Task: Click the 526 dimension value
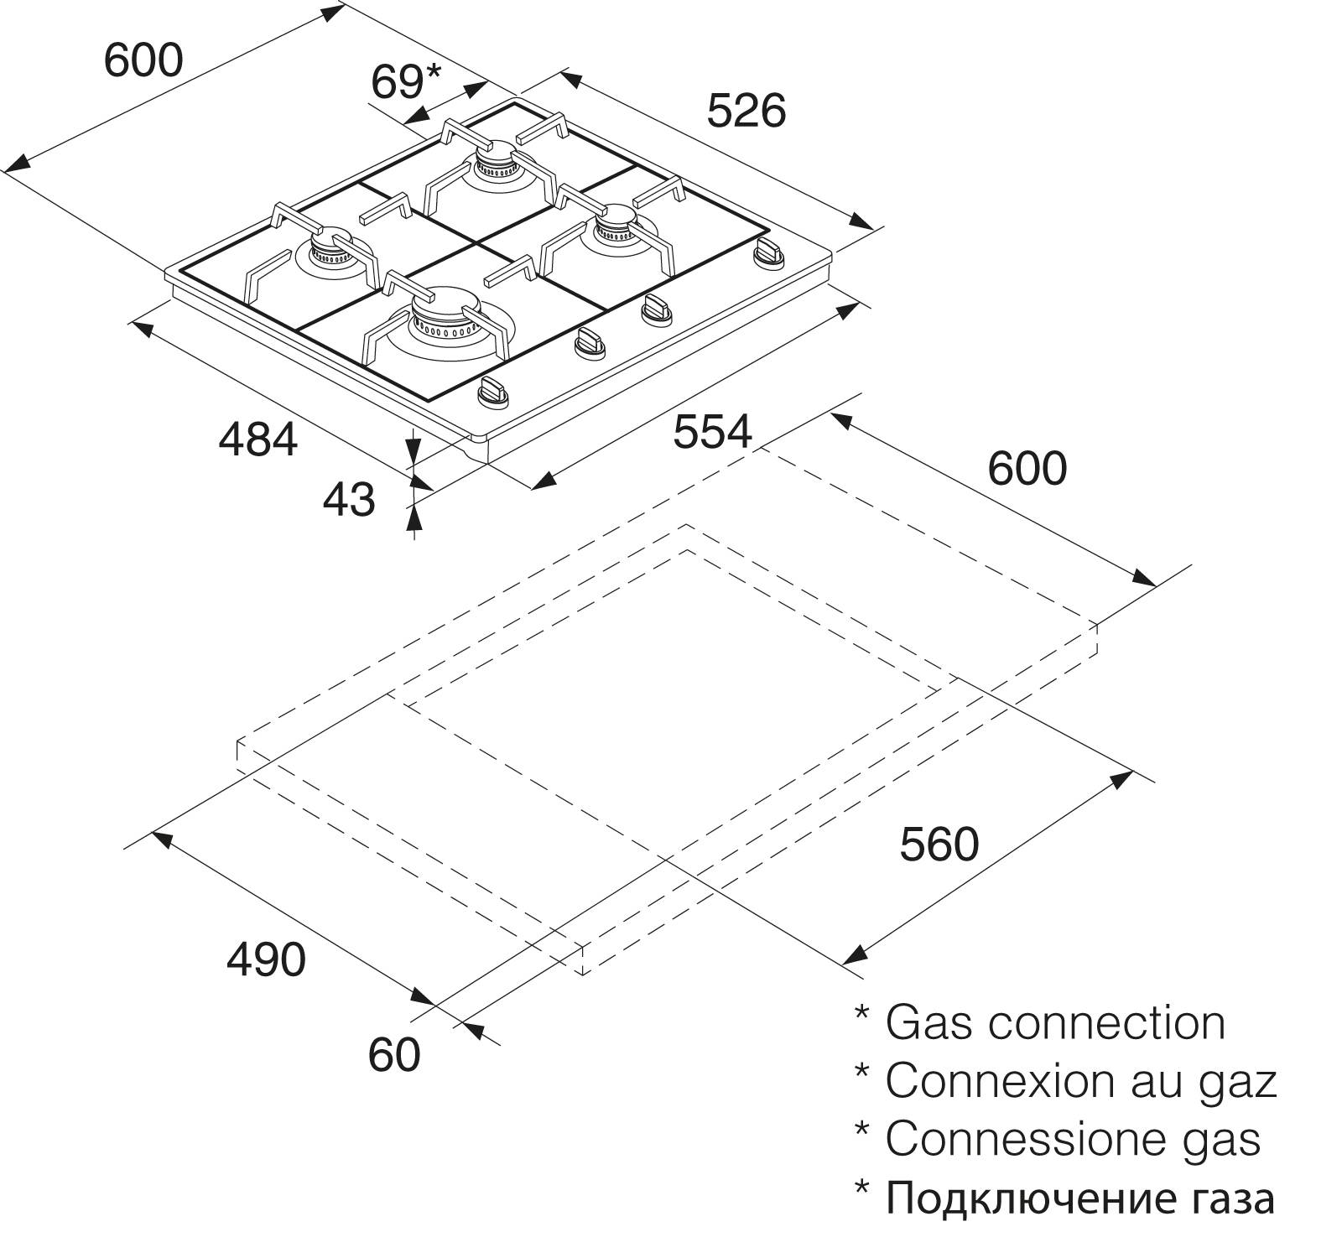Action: [x=746, y=112]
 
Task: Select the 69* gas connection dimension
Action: [x=405, y=81]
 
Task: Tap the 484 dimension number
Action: [x=258, y=439]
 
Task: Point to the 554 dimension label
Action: [x=713, y=432]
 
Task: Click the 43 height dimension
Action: [x=349, y=500]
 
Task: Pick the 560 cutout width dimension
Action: [x=939, y=844]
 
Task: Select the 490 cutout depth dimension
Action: [x=266, y=959]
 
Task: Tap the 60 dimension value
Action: [x=394, y=1054]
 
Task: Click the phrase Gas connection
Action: [x=1055, y=1023]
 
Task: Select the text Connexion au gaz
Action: [x=1081, y=1082]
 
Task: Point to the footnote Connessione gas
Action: [x=1073, y=1140]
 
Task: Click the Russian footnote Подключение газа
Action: [x=1080, y=1199]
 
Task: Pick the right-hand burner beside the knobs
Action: [x=618, y=230]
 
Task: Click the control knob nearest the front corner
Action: [x=492, y=392]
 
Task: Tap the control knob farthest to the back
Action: [x=769, y=252]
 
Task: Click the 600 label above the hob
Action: [x=143, y=60]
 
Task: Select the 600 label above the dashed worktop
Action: [x=1027, y=468]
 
